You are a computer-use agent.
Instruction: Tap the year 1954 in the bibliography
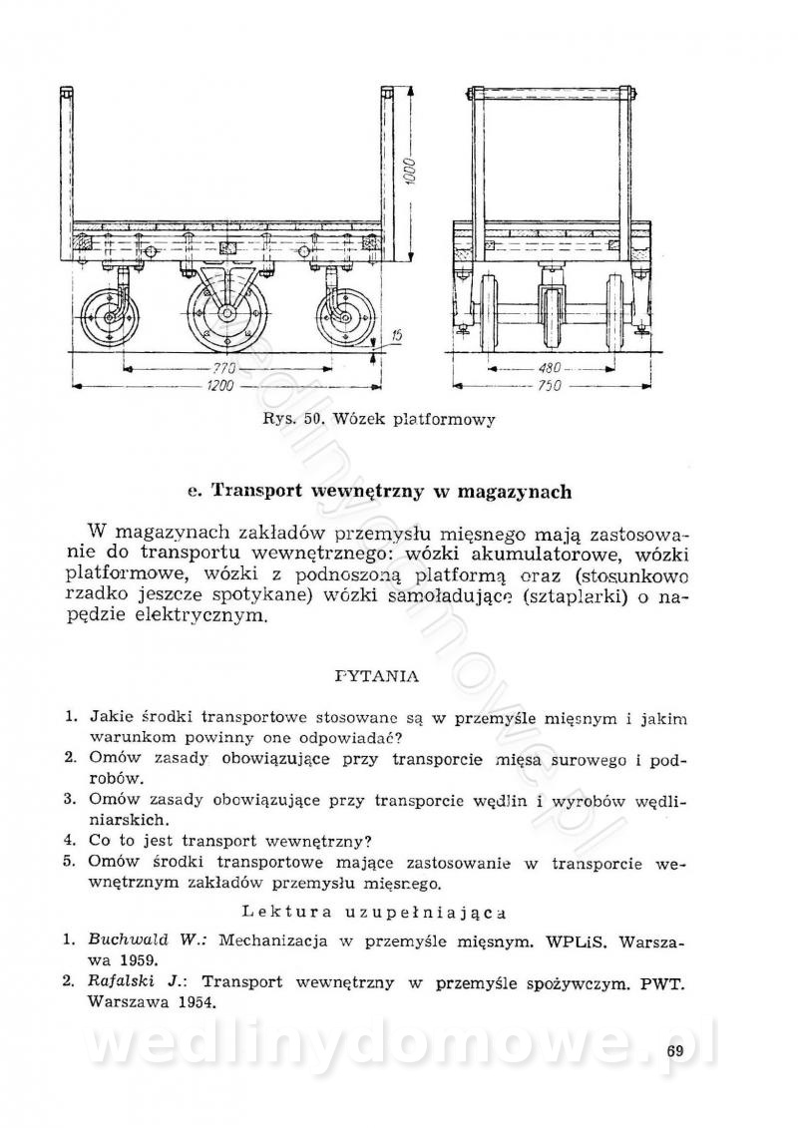coord(194,1002)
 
